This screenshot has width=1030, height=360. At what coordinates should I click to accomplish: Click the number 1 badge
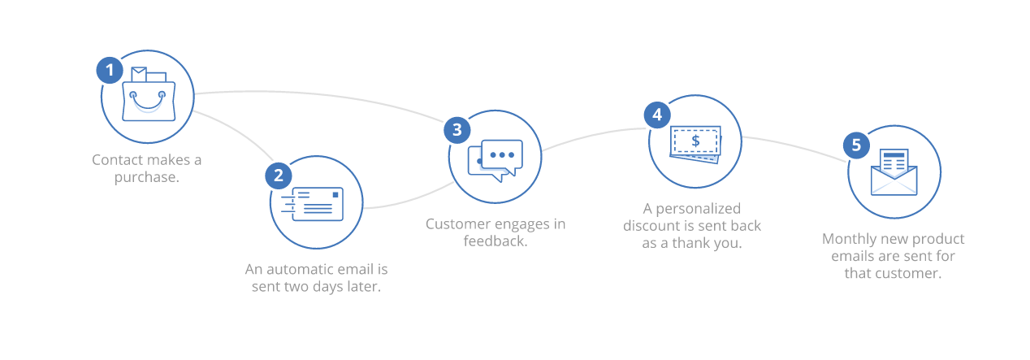click(x=110, y=71)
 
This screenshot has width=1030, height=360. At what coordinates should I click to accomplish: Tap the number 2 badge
click(x=278, y=176)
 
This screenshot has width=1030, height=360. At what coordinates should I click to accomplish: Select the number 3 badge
click(x=457, y=130)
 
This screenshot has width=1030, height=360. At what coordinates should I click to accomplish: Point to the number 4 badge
click(x=657, y=115)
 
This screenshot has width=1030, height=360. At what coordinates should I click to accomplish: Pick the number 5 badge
click(x=856, y=145)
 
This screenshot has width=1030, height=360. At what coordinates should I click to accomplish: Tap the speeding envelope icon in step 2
click(x=312, y=204)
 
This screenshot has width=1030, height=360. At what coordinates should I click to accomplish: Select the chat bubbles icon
click(x=496, y=160)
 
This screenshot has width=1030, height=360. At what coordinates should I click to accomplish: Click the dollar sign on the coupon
click(x=695, y=141)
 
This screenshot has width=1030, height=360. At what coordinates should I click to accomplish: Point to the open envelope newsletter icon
click(x=894, y=172)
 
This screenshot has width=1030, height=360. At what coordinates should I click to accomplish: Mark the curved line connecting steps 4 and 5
click(x=795, y=146)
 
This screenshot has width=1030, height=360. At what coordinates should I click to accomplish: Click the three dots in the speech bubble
click(x=502, y=155)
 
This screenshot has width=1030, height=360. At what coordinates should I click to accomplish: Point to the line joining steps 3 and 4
click(x=593, y=135)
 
